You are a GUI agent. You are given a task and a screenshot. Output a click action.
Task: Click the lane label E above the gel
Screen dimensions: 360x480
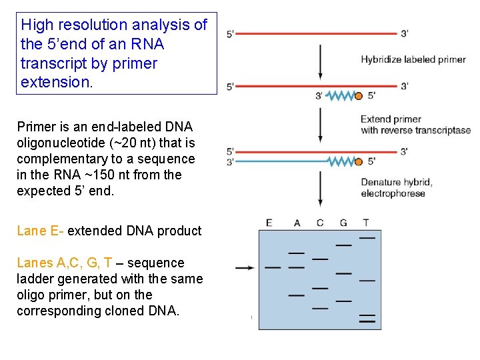[x=269, y=223]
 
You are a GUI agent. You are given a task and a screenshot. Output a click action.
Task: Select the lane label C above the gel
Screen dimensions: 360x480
[x=320, y=223]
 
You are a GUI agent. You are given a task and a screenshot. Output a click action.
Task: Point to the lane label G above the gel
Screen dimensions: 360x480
[x=343, y=223]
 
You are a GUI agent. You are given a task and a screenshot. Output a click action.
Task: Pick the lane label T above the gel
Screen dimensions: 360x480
[x=365, y=223]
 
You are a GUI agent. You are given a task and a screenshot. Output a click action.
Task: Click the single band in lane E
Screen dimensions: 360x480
[x=273, y=268]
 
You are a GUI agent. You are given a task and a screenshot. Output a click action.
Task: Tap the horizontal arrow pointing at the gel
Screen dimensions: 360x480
[x=244, y=268]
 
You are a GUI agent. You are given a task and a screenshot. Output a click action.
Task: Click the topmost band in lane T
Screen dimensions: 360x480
[x=367, y=237]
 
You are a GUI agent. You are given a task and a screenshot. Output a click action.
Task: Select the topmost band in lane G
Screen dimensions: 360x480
[x=343, y=245]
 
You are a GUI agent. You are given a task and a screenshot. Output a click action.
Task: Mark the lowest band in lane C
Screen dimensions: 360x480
[x=320, y=308]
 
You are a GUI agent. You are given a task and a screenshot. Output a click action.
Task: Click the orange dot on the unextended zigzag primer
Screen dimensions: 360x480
[x=358, y=97]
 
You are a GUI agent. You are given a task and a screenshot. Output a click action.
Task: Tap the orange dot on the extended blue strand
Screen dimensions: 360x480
[x=358, y=161]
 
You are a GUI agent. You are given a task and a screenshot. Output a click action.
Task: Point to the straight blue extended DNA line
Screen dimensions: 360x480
[x=280, y=161]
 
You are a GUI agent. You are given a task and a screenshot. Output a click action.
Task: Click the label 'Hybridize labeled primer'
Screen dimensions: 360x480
[x=413, y=59]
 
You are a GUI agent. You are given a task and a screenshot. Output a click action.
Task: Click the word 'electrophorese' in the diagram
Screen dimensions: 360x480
[x=393, y=194]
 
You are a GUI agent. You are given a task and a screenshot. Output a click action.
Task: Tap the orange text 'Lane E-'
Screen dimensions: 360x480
[x=40, y=231]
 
